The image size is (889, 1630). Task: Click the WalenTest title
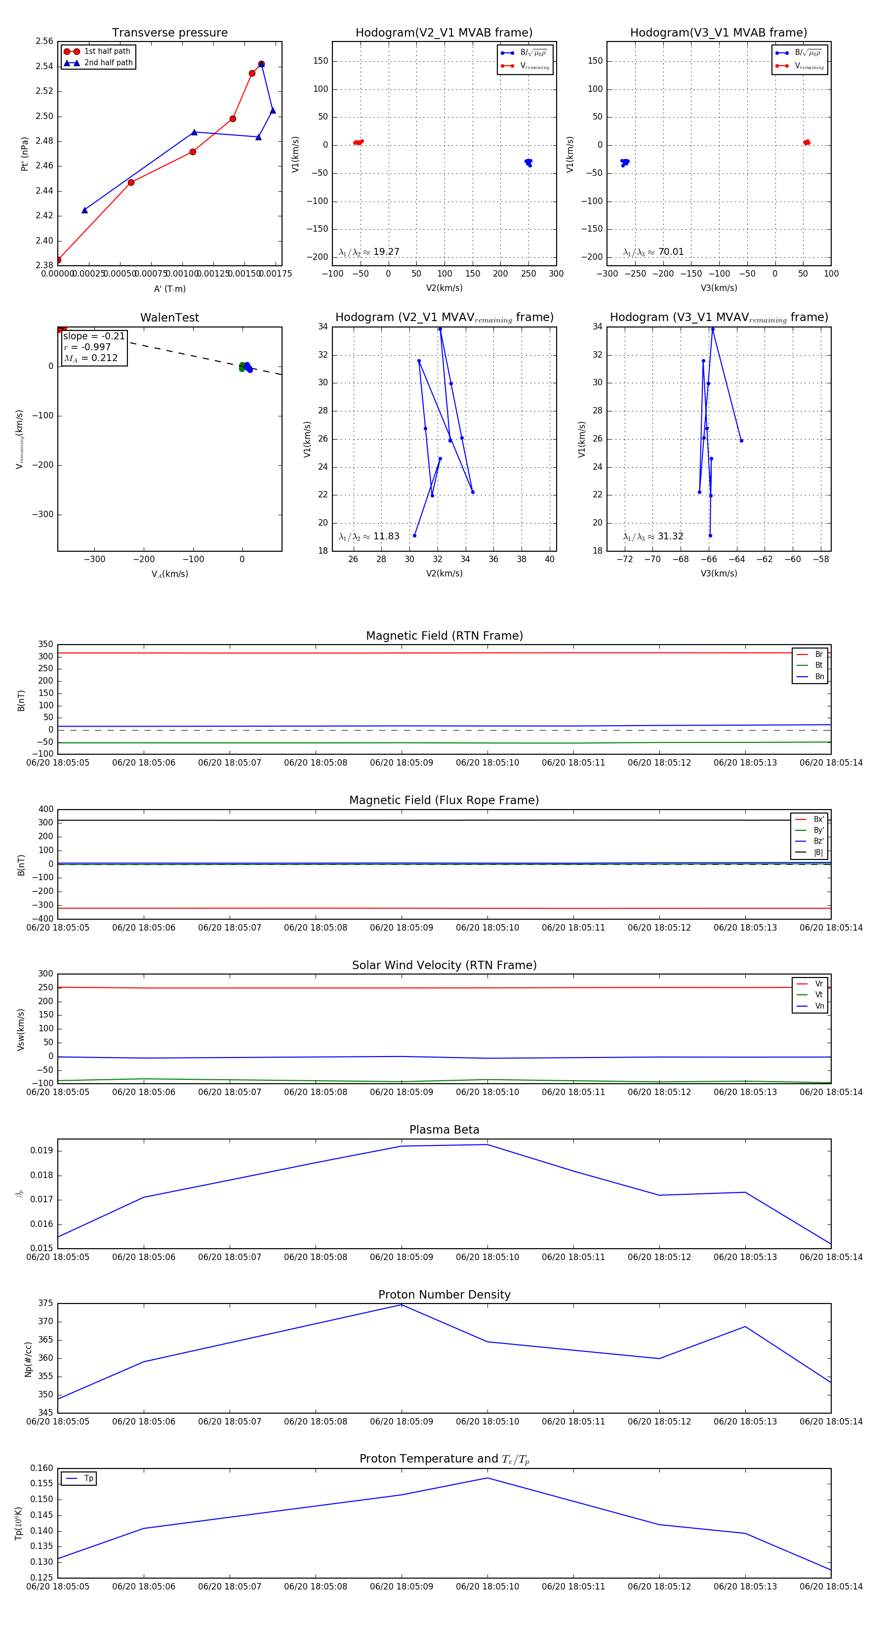169,318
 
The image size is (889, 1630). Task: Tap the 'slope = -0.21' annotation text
94,336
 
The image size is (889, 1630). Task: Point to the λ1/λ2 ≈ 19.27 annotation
369,252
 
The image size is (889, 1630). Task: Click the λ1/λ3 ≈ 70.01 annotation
653,252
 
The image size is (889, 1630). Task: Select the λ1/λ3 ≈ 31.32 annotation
653,536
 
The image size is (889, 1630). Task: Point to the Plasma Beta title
444,1130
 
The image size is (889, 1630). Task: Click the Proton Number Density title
444,1295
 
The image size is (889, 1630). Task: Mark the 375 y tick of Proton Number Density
45,1304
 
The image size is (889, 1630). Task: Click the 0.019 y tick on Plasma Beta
42,1150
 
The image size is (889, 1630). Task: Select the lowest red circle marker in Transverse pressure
58,260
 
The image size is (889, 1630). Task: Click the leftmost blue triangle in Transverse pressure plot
85,210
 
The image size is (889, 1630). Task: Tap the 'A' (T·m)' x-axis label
169,288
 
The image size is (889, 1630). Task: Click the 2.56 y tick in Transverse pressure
44,41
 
